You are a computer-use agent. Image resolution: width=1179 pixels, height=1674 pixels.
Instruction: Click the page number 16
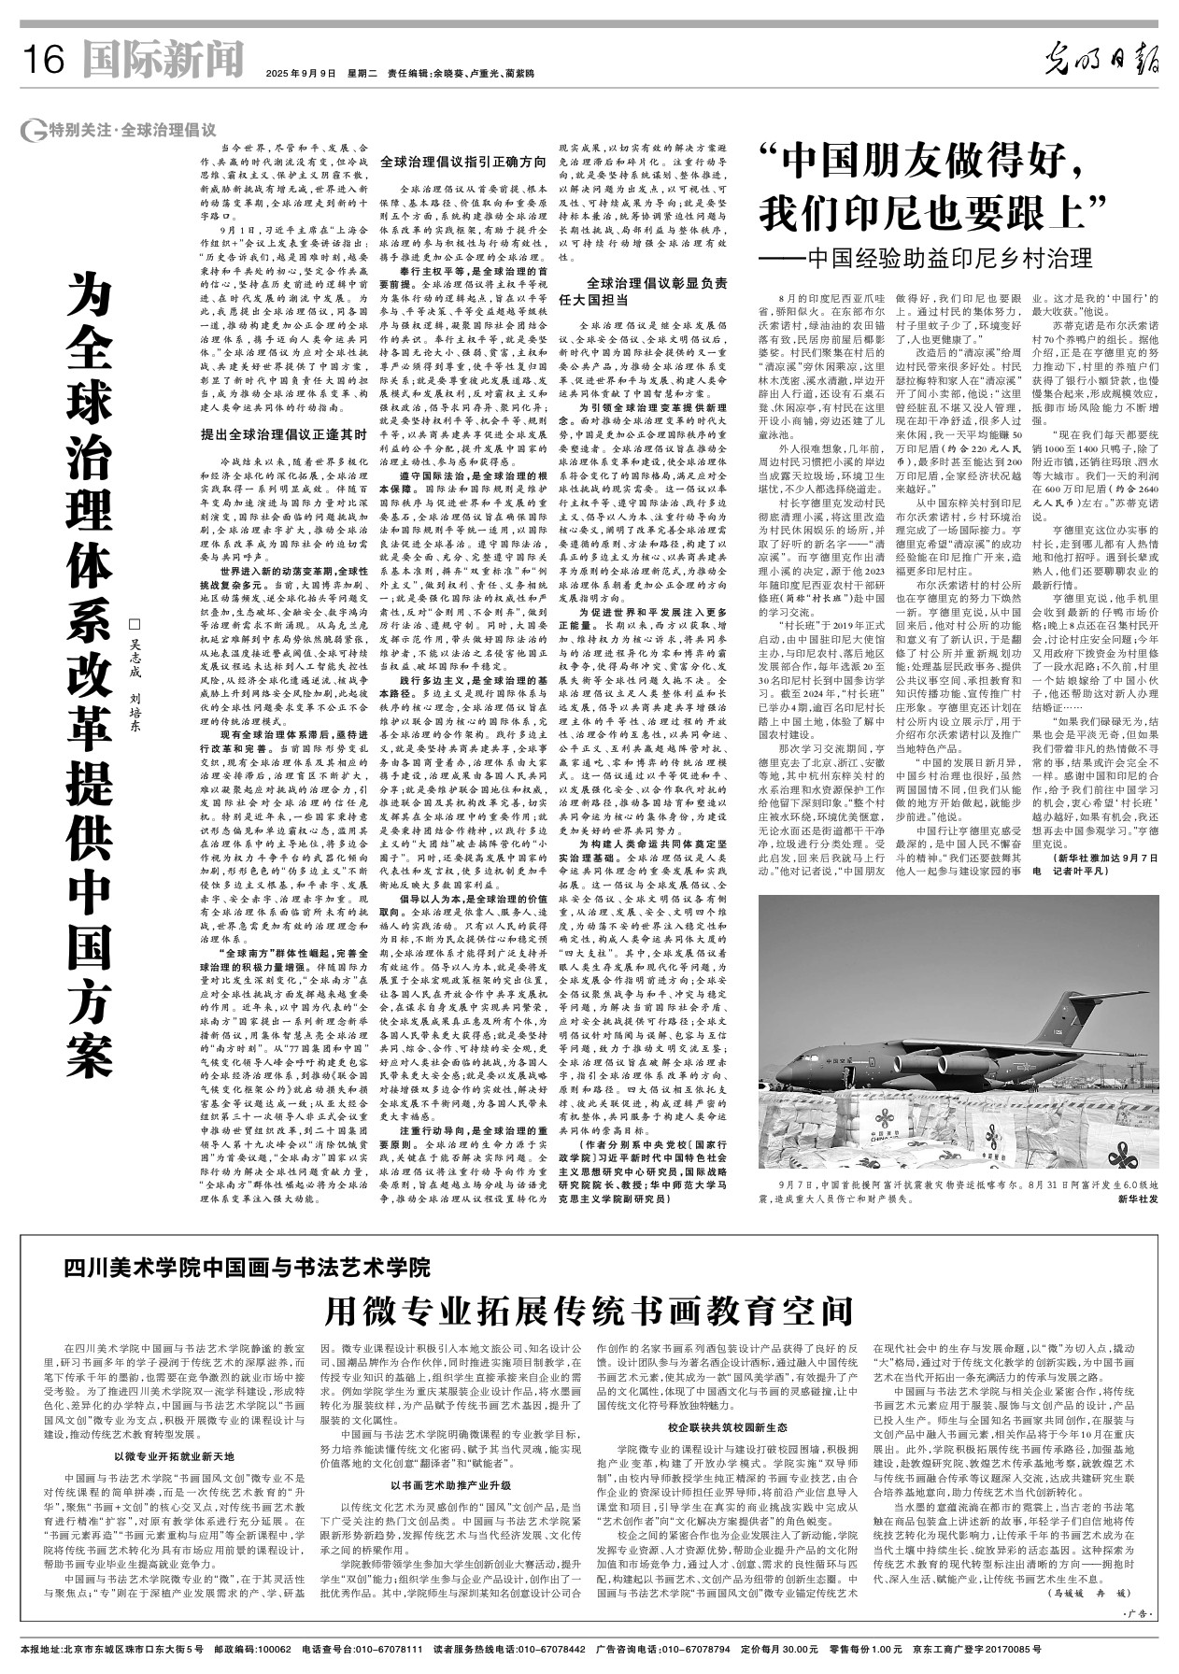(x=41, y=62)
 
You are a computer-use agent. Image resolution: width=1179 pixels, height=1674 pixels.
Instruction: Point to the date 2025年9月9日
(x=300, y=73)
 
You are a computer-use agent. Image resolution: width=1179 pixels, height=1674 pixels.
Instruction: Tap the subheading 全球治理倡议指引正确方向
(x=462, y=161)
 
